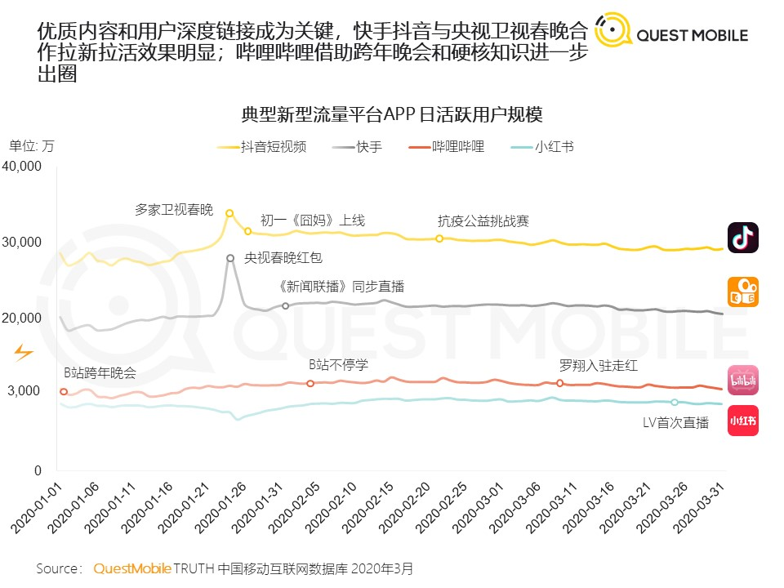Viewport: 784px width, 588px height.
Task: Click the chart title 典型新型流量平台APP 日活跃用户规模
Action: [391, 114]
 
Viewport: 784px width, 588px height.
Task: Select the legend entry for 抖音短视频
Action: [262, 146]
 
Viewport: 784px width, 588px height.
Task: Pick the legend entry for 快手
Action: [357, 146]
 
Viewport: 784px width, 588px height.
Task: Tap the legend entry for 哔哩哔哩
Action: [447, 146]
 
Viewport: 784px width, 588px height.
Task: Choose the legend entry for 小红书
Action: [542, 146]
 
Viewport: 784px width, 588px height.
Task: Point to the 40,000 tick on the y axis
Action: [21, 166]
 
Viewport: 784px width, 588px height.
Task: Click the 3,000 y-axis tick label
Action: [24, 390]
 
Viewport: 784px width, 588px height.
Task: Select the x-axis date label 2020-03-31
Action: [699, 508]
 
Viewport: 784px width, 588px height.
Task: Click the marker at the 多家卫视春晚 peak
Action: [229, 213]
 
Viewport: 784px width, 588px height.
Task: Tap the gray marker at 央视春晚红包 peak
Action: [230, 258]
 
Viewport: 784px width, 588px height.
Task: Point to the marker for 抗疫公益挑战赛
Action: [439, 238]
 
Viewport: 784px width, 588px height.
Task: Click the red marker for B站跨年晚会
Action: [64, 391]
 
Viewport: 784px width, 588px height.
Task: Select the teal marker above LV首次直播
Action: [675, 402]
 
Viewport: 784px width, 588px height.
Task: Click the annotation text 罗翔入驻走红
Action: [598, 366]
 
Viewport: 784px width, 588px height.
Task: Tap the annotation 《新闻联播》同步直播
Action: [341, 287]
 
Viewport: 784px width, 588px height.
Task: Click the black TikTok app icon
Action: [743, 238]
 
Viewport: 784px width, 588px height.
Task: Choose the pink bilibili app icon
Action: [743, 380]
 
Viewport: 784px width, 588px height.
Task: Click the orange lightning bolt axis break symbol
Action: [23, 353]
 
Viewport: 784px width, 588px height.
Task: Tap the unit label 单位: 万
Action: [31, 146]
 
